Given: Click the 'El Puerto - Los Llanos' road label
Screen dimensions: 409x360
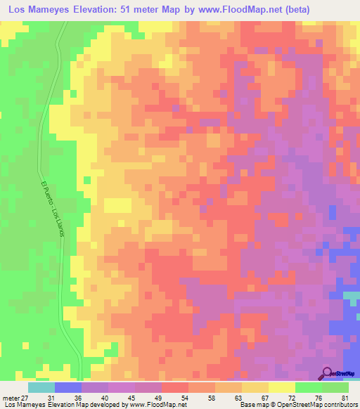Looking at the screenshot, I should pyautogui.click(x=52, y=209).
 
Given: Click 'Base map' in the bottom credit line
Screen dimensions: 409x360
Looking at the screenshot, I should pyautogui.click(x=255, y=405).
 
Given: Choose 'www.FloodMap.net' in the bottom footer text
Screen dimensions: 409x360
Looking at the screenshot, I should pyautogui.click(x=154, y=405).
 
